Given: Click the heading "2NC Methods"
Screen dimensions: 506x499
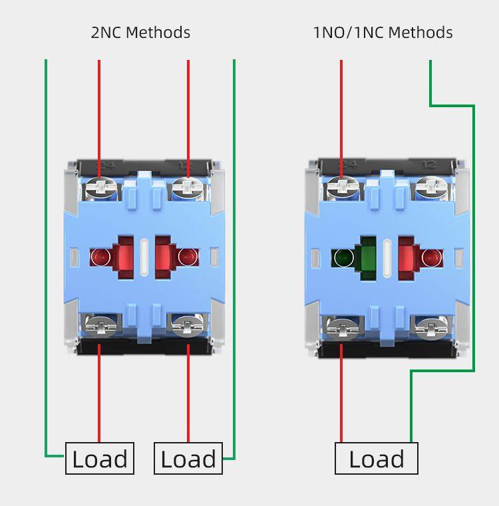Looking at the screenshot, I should coord(140,32).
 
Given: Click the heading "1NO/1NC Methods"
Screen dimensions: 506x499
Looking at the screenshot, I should coord(383,32).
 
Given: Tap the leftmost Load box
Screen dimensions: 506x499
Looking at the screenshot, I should coord(100,459).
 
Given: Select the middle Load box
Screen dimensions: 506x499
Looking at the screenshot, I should coord(188,459).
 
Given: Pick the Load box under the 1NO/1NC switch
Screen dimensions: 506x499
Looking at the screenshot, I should coord(377,459).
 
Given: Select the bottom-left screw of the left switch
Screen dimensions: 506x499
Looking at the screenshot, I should coord(100,326).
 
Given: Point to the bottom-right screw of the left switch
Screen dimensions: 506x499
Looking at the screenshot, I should coord(188,326).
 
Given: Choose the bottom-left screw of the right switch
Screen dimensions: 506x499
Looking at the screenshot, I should coord(342,326).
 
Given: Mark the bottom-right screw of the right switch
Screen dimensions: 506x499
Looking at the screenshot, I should coord(430,326).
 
